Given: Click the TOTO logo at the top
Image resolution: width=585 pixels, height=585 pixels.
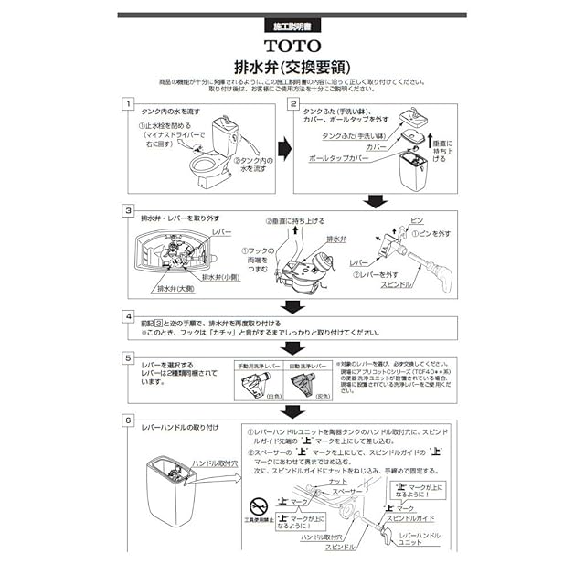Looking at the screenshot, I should tap(293, 44).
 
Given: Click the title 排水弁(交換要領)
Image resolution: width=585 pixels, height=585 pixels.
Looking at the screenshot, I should tap(292, 66).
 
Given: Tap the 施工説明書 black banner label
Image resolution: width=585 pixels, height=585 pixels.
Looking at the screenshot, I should tap(293, 26).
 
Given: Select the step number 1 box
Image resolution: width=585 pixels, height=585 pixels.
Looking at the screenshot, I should tap(130, 106).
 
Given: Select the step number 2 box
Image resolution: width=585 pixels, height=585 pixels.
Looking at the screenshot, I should tap(293, 106).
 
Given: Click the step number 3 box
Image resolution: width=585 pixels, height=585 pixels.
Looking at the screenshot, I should tap(130, 210).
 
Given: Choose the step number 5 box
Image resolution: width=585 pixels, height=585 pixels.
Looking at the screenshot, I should tap(130, 359).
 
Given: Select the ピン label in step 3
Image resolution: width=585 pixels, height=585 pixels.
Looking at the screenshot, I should tap(417, 222).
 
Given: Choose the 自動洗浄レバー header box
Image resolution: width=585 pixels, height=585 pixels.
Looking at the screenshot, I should tap(307, 366).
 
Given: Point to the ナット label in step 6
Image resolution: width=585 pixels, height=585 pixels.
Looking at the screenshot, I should tap(336, 482).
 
